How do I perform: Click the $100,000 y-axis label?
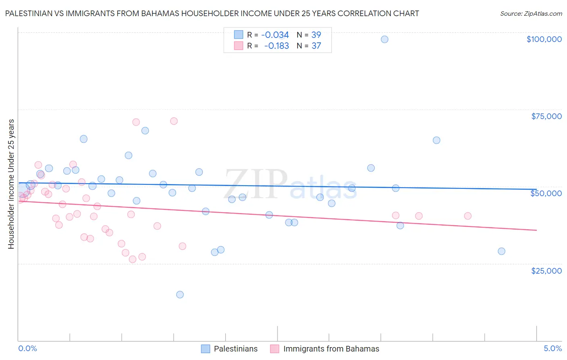click(x=544, y=39)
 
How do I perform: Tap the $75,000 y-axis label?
click(x=546, y=116)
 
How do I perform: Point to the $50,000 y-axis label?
click(x=546, y=193)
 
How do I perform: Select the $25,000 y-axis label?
click(x=546, y=270)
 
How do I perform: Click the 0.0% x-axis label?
click(x=27, y=349)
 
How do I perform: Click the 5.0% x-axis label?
click(x=552, y=349)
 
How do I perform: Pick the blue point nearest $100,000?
click(x=384, y=39)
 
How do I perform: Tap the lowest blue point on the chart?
click(x=180, y=295)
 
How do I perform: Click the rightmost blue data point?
click(x=501, y=251)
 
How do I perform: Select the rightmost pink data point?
click(x=467, y=216)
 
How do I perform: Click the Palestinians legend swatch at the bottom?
click(x=205, y=349)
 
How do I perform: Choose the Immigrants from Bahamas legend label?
click(x=331, y=349)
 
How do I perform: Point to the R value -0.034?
click(x=275, y=35)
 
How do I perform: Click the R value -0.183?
click(x=276, y=46)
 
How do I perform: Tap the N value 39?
click(x=316, y=35)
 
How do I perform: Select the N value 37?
click(x=316, y=46)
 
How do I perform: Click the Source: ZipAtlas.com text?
click(x=531, y=13)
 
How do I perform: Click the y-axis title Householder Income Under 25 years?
click(x=11, y=184)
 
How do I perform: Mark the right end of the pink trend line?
click(x=536, y=230)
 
